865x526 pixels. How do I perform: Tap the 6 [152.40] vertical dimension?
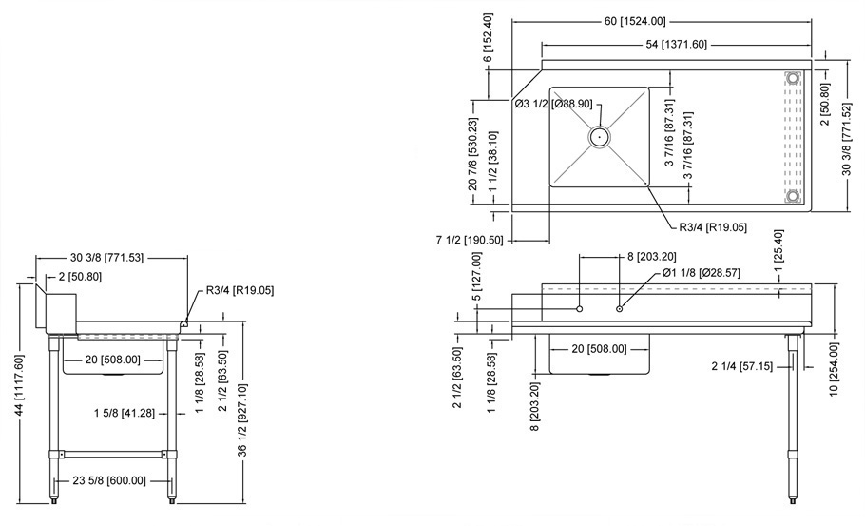click(x=488, y=39)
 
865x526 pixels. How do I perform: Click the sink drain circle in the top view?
click(x=599, y=137)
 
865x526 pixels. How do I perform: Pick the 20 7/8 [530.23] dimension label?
click(x=473, y=154)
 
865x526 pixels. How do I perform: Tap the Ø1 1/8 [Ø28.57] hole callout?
click(x=704, y=273)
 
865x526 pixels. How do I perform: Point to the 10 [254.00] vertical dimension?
click(x=834, y=368)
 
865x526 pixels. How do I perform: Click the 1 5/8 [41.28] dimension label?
click(x=125, y=412)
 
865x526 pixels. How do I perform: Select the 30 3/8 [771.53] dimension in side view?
click(x=111, y=258)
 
